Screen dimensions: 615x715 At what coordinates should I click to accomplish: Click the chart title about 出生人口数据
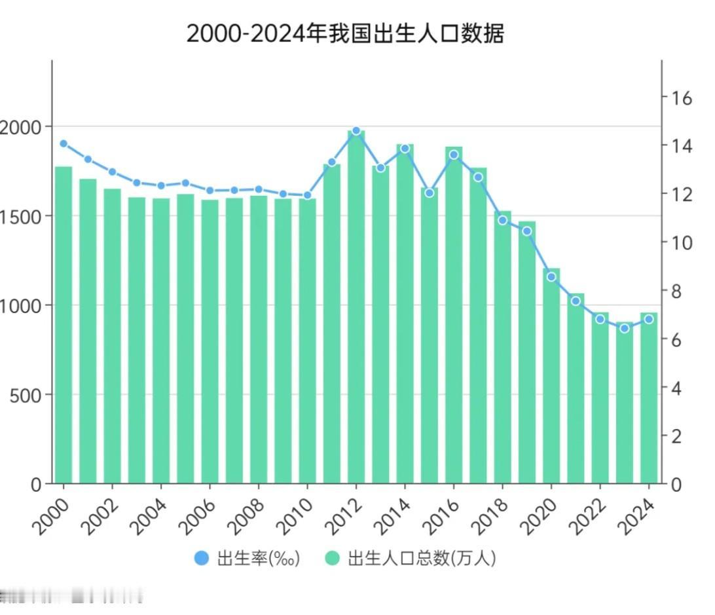345,33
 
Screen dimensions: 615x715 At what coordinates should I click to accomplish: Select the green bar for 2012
356,308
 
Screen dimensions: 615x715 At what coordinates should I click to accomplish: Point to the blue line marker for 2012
356,131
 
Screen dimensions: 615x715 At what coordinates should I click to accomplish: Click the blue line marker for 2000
64,143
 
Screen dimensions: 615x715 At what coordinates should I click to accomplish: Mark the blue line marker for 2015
430,193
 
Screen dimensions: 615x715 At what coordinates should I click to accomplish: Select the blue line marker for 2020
551,276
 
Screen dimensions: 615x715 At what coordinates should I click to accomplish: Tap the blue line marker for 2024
649,319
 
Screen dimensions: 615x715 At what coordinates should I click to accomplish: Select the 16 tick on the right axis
678,98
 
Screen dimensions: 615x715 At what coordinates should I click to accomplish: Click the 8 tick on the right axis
675,291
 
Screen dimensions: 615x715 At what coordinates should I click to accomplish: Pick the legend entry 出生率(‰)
247,558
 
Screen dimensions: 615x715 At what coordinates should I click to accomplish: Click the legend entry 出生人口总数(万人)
411,558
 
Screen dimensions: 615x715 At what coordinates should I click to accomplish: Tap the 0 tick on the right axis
675,485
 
